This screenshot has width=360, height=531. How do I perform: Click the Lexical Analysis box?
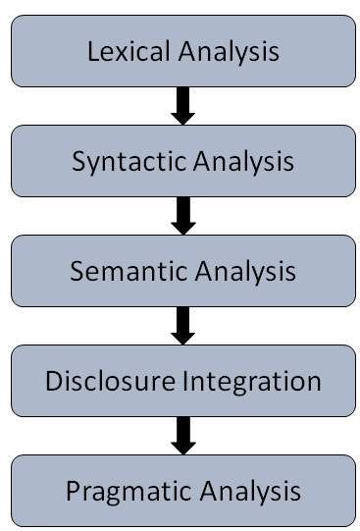coord(182,51)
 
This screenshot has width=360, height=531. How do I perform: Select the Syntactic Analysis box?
coord(182,161)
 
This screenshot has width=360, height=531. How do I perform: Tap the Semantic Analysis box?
coord(182,271)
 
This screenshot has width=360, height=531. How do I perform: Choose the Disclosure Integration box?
coord(182,381)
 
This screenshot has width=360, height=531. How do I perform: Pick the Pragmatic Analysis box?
coord(182,490)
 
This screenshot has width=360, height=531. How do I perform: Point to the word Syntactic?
coord(120,161)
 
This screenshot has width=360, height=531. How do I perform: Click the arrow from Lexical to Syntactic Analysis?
coord(182,106)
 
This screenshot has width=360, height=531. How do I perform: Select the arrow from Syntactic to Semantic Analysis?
coord(182,216)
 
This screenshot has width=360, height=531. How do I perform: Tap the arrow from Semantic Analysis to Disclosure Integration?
coord(182,326)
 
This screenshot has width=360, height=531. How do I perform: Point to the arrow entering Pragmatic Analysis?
coord(182,436)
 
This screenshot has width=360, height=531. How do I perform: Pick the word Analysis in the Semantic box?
coord(238,271)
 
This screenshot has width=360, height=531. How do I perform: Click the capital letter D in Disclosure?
coord(53,381)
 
